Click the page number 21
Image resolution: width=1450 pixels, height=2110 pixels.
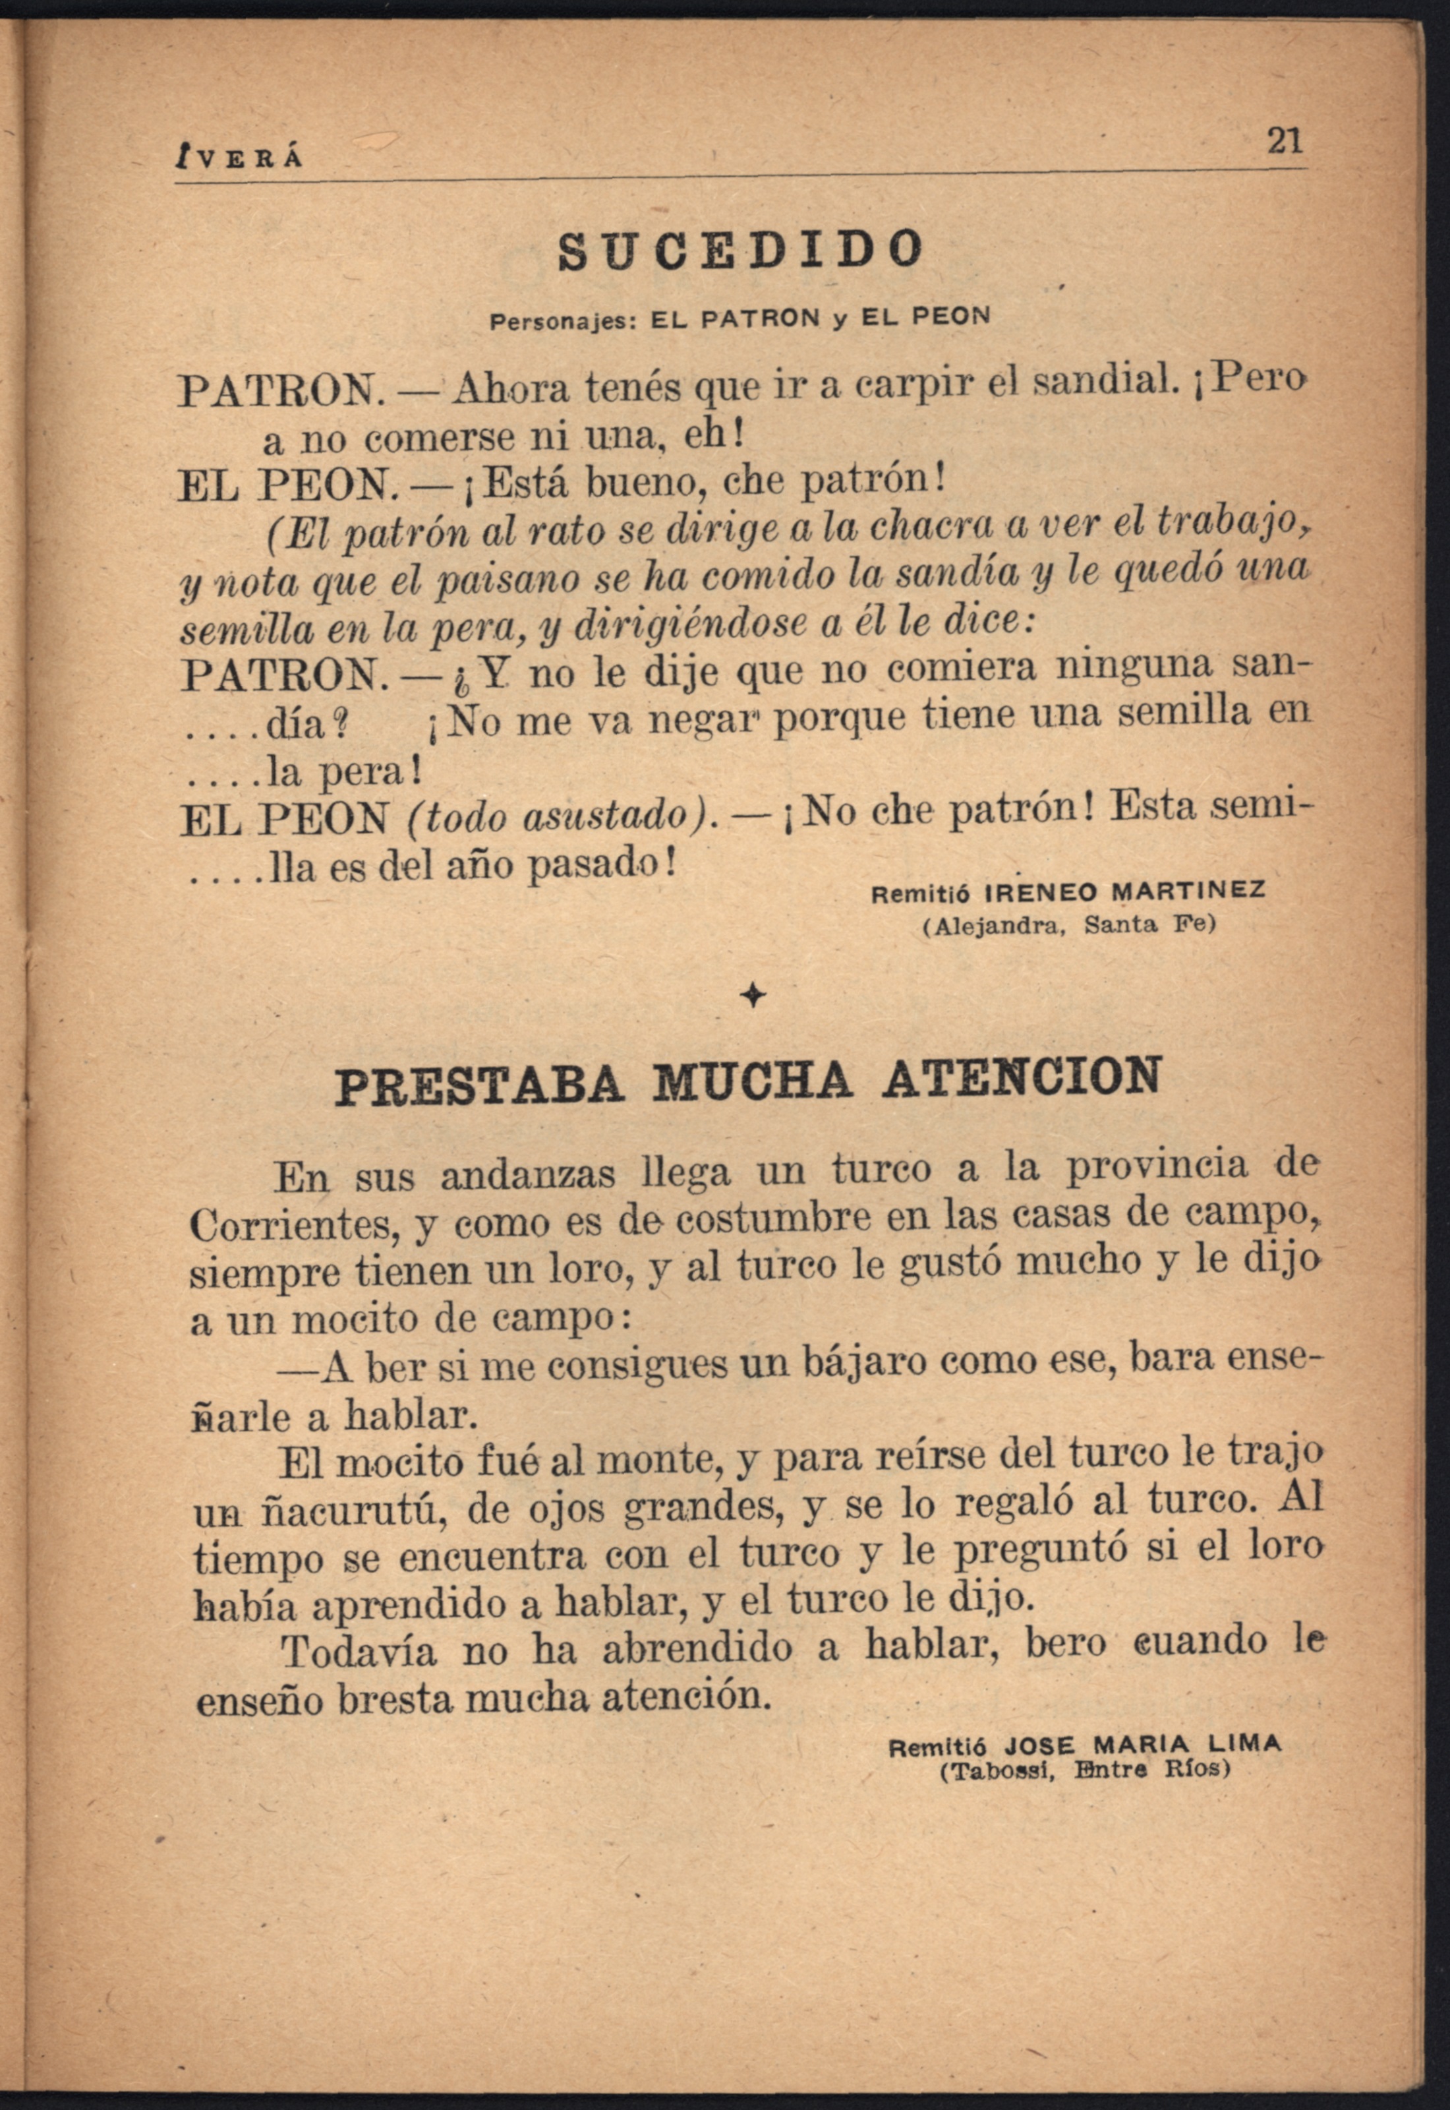pos(1284,141)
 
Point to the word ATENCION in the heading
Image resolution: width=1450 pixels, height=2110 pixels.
pos(1020,1079)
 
